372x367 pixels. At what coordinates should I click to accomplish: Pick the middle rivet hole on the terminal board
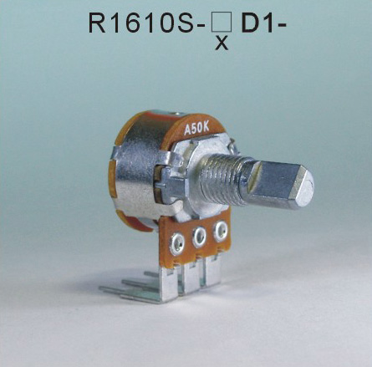coord(200,239)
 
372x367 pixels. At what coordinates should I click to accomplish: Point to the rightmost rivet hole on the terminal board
coord(221,230)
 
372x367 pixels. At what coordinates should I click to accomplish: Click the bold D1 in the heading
coord(254,23)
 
